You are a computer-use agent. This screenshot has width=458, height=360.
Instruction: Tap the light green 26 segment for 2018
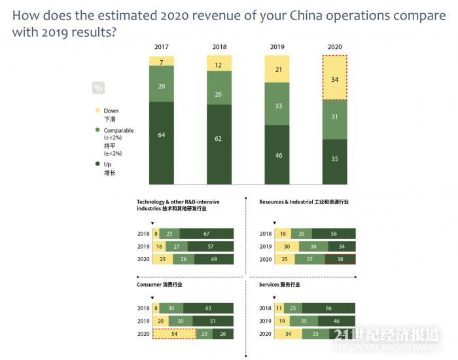(219, 95)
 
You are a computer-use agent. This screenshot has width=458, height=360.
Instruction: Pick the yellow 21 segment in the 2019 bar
(277, 69)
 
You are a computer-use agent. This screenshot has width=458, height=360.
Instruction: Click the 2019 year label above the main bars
(277, 47)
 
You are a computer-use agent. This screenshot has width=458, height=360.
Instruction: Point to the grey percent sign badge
(99, 88)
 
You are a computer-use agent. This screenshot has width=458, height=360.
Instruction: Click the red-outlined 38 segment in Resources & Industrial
(340, 259)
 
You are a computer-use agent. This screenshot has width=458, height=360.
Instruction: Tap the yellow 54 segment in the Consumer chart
(174, 334)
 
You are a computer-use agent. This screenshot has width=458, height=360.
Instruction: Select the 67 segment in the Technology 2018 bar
(206, 234)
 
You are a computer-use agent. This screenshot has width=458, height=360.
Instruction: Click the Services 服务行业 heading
(279, 285)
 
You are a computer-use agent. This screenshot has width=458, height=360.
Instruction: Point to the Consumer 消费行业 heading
(159, 285)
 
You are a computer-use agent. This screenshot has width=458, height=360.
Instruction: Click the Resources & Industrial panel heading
(304, 202)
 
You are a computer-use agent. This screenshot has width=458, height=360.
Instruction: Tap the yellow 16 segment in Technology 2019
(159, 247)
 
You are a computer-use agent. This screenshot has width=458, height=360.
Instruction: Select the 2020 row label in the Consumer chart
(143, 334)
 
